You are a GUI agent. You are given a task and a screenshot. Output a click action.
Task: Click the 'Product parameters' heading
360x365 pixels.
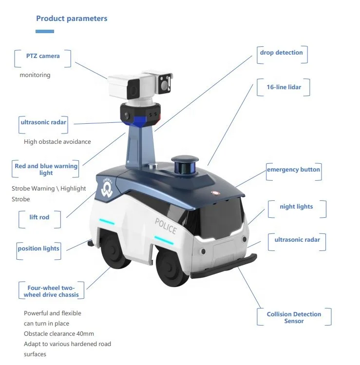pyautogui.click(x=72, y=19)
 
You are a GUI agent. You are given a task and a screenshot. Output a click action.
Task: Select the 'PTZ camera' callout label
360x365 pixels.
pyautogui.click(x=43, y=56)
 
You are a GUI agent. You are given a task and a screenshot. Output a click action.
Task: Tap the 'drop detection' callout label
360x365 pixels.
pyautogui.click(x=281, y=53)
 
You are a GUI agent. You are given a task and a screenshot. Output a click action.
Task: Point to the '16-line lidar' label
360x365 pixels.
pyautogui.click(x=284, y=87)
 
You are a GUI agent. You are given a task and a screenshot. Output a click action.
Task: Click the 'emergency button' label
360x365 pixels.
pyautogui.click(x=293, y=170)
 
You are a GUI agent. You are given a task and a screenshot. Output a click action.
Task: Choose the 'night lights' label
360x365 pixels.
pyautogui.click(x=296, y=207)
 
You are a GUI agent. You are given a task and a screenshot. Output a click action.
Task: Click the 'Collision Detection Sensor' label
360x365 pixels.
pyautogui.click(x=294, y=318)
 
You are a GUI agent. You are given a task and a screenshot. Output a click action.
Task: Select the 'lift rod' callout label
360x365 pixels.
pyautogui.click(x=39, y=217)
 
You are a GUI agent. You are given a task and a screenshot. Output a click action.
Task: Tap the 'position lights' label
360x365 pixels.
pyautogui.click(x=38, y=249)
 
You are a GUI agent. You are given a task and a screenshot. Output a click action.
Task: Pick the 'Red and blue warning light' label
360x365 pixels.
pyautogui.click(x=46, y=170)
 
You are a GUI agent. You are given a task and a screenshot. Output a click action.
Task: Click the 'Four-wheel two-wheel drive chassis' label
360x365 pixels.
pyautogui.click(x=50, y=291)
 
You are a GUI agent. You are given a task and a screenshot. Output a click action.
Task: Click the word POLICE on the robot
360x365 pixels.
pyautogui.click(x=166, y=226)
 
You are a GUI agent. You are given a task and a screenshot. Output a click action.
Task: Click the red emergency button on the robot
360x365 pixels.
pyautogui.click(x=213, y=192)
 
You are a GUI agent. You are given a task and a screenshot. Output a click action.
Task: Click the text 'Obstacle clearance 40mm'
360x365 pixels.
pyautogui.click(x=59, y=334)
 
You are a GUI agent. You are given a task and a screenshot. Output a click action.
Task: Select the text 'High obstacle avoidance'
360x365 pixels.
pyautogui.click(x=57, y=142)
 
